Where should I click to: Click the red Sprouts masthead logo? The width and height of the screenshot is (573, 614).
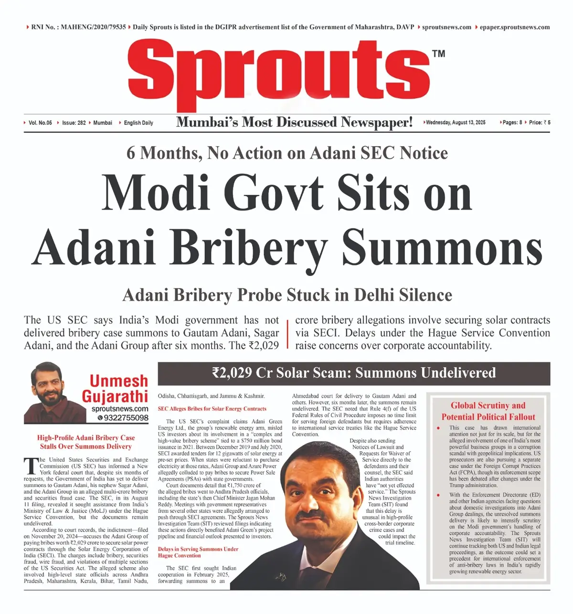[279, 72]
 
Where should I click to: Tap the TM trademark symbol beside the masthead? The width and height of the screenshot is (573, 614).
[438, 53]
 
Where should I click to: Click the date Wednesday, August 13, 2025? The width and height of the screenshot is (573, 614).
[455, 123]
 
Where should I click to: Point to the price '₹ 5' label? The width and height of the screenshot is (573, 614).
[546, 123]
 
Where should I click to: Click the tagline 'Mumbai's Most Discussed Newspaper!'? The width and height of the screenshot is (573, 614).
[294, 122]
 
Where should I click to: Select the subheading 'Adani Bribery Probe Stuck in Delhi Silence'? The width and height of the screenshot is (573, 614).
[287, 295]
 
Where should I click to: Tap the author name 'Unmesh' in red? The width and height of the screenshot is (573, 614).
[119, 381]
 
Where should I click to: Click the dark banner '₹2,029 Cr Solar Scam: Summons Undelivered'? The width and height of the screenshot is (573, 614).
[354, 373]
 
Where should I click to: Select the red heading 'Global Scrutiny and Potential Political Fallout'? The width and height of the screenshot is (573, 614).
[488, 411]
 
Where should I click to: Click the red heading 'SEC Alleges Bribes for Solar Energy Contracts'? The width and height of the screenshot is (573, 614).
[212, 409]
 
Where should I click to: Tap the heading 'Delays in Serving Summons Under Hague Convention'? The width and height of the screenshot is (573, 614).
[198, 552]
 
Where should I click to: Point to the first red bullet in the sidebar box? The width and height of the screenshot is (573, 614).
[438, 428]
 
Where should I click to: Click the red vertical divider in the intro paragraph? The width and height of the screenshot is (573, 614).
[287, 334]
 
